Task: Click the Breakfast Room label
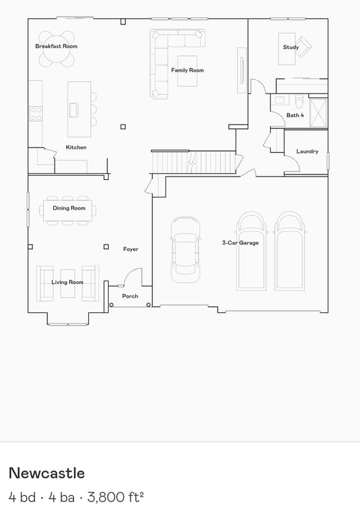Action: click(56, 46)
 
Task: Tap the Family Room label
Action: click(187, 70)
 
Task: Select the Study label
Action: click(291, 47)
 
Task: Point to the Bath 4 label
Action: click(295, 115)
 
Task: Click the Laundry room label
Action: click(307, 152)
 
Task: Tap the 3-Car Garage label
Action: click(240, 242)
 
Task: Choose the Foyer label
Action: click(131, 249)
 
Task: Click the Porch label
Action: click(130, 296)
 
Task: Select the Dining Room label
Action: click(69, 208)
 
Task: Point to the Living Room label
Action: click(67, 282)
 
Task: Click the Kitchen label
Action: click(76, 147)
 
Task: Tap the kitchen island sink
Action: click(74, 110)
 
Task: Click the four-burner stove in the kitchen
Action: click(36, 114)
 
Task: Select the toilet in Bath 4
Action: click(299, 101)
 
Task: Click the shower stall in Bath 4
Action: click(318, 113)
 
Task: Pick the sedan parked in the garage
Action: click(185, 250)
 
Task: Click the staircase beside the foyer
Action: click(194, 162)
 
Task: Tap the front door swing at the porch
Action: click(133, 277)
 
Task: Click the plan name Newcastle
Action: click(47, 473)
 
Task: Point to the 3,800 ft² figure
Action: click(115, 496)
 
